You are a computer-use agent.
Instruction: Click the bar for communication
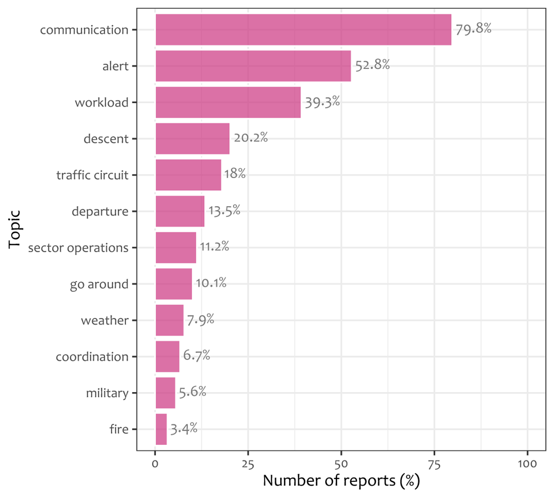coord(304,30)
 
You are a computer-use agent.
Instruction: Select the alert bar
coord(254,66)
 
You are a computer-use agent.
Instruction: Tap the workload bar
coord(228,102)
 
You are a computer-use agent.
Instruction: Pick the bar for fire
coord(162,429)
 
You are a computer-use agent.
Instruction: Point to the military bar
coord(165,393)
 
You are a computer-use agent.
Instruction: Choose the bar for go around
coord(174,284)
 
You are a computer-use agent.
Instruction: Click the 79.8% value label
coord(473,29)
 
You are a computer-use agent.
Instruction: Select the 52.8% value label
coord(372,65)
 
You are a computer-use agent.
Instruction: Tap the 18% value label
coord(235,174)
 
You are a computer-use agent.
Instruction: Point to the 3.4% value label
coord(184,429)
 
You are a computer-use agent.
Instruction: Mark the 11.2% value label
coord(214,246)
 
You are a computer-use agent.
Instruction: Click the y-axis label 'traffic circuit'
coord(92,175)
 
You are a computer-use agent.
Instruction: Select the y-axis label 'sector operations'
coord(78,247)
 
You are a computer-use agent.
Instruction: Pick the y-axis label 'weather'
coord(105,321)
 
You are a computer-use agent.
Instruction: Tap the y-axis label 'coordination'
coord(92,357)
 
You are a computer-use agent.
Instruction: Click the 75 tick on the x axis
coord(435,464)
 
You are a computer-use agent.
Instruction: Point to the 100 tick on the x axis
coord(527,464)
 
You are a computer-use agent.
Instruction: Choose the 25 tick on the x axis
coord(248,464)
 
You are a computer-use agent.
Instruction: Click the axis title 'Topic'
coord(15,229)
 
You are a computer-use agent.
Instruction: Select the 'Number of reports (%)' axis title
coord(341,481)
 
